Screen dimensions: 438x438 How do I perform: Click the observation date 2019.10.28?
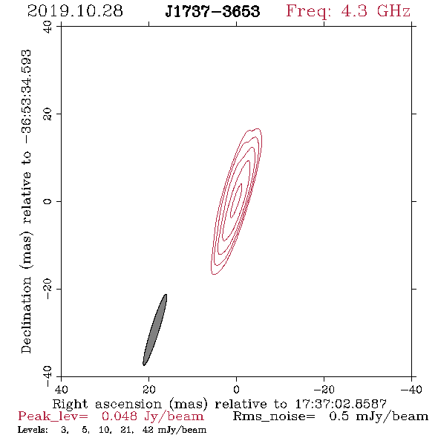[x=75, y=11]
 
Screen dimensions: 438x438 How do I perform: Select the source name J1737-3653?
[x=212, y=11]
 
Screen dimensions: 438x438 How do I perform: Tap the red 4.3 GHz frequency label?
[x=348, y=11]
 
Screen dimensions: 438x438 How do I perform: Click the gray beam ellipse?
[x=154, y=330]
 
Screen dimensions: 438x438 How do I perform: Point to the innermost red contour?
[x=236, y=200]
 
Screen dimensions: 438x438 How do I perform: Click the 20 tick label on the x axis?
[x=148, y=389]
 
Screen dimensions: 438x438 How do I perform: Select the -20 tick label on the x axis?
[x=324, y=389]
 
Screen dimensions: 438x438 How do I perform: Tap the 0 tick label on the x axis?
[x=236, y=389]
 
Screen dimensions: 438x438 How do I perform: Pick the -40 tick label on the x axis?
[x=411, y=389]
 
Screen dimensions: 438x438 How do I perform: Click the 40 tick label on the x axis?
[x=61, y=389]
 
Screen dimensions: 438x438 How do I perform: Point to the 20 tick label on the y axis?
[x=48, y=114]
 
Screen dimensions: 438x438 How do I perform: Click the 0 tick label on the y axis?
[x=48, y=201]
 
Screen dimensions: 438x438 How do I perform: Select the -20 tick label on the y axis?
[x=48, y=289]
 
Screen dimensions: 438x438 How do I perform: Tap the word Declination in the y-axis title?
[x=26, y=315]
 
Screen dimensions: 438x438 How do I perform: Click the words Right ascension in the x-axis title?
[x=107, y=404]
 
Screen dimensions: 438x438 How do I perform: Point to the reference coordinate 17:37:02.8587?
[x=341, y=404]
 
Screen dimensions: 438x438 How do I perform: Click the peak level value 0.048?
[x=120, y=416]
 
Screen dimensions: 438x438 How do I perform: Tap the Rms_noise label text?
[x=274, y=416]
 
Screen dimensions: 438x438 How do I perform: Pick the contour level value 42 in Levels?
[x=148, y=430]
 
